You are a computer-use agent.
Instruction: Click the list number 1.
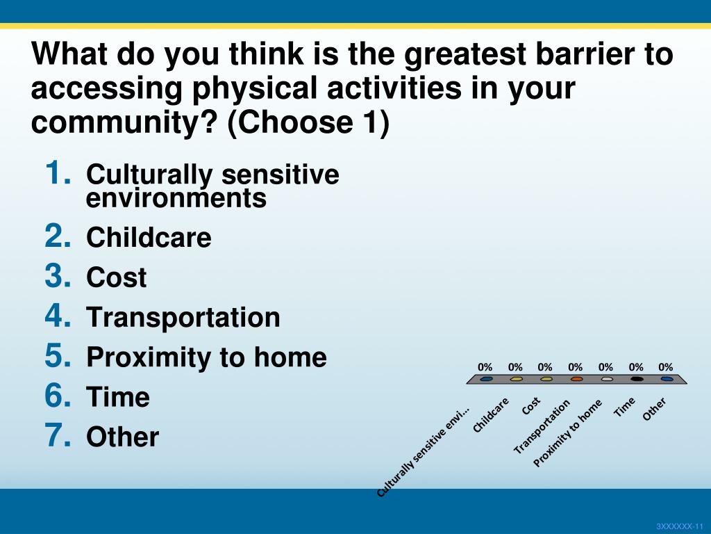pyautogui.click(x=58, y=173)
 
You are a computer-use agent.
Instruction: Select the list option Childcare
pyautogui.click(x=149, y=238)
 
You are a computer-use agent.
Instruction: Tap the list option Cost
pyautogui.click(x=117, y=277)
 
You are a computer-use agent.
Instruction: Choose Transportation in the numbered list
pyautogui.click(x=183, y=317)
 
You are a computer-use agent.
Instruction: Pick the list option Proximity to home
pyautogui.click(x=206, y=357)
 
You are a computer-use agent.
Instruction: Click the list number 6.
pyautogui.click(x=58, y=396)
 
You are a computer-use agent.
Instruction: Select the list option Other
pyautogui.click(x=122, y=437)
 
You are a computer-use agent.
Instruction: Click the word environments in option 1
pyautogui.click(x=176, y=198)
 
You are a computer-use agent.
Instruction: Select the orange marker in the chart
pyautogui.click(x=576, y=379)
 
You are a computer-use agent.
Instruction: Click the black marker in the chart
pyautogui.click(x=637, y=379)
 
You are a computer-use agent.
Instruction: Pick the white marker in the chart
pyautogui.click(x=607, y=379)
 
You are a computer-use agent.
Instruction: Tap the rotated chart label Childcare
pyautogui.click(x=491, y=415)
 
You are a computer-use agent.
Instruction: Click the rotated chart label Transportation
pyautogui.click(x=542, y=427)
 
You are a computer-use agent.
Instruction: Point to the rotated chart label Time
pyautogui.click(x=624, y=407)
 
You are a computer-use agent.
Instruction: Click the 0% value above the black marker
pyautogui.click(x=636, y=367)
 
